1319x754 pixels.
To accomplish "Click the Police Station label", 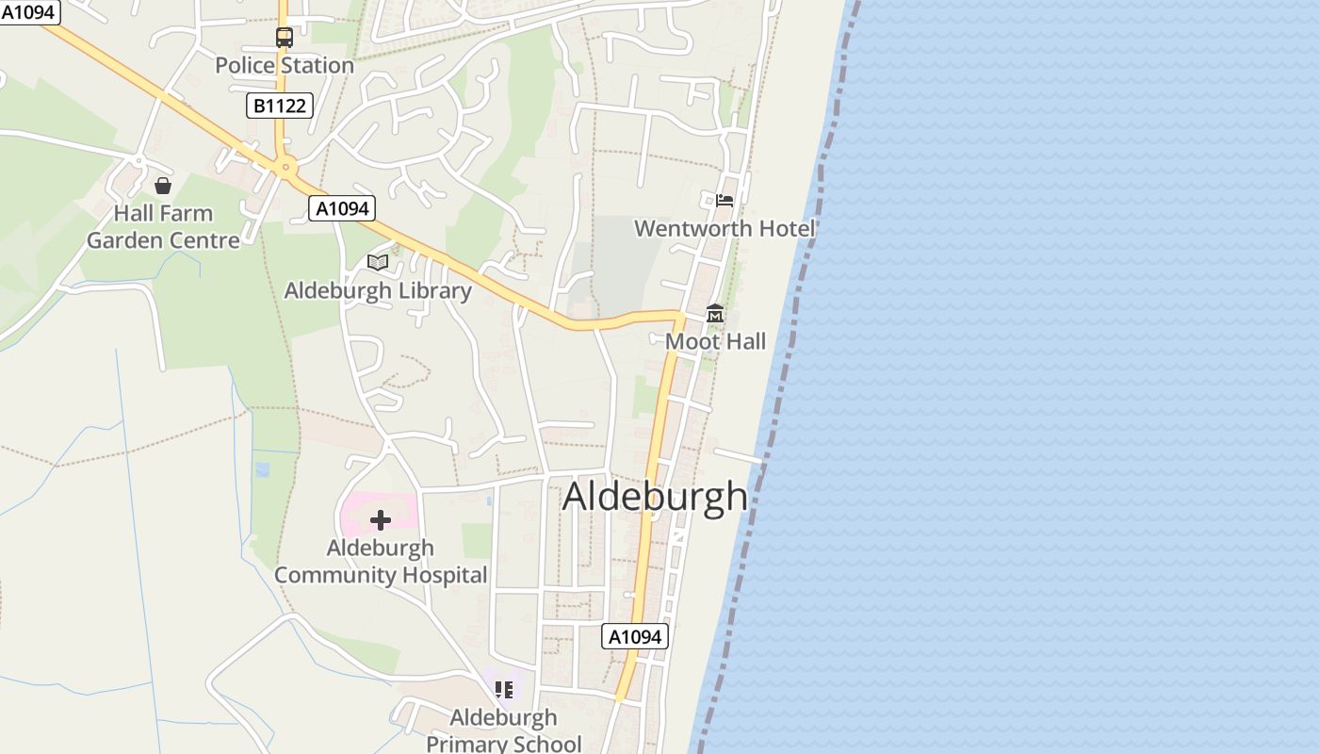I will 285,65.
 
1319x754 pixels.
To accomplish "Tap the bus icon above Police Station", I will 284,38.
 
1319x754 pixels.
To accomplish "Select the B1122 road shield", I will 280,106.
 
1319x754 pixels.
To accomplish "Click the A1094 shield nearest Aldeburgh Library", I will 342,208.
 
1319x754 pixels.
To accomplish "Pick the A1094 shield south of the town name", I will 635,637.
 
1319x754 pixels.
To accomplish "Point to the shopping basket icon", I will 163,185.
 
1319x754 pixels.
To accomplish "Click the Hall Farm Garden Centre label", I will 163,227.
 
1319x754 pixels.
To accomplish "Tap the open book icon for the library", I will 378,262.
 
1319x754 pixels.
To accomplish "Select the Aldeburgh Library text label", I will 378,290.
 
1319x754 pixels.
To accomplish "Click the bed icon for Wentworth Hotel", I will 725,200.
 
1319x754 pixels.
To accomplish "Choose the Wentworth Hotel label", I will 725,228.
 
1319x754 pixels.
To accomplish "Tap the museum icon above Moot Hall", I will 715,314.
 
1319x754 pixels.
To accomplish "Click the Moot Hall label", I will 716,341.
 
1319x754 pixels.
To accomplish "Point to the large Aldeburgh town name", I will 655,497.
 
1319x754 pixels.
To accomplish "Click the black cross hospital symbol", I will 381,520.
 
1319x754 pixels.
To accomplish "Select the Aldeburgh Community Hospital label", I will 381,562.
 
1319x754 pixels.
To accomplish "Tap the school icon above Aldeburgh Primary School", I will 504,690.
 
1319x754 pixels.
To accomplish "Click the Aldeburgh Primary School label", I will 504,730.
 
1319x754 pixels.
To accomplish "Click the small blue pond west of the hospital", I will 262,468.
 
